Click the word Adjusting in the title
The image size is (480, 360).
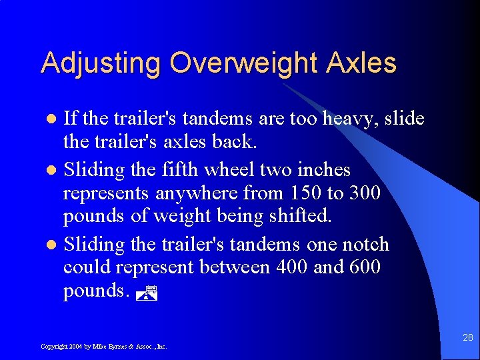101,64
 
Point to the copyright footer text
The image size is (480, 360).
103,347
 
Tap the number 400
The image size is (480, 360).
286,268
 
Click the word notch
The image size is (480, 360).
366,244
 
